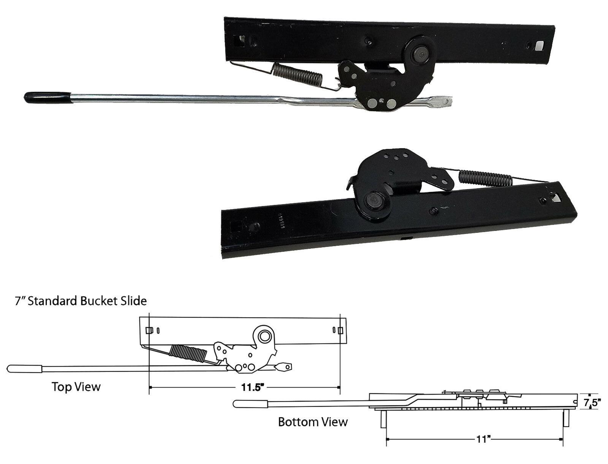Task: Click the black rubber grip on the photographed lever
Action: click(x=47, y=97)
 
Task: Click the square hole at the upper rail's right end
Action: click(x=539, y=46)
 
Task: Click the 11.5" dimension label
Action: click(x=253, y=388)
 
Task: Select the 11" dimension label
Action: click(x=484, y=440)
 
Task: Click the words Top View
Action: click(x=76, y=387)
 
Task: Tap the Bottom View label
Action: click(x=313, y=422)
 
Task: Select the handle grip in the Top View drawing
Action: click(x=25, y=369)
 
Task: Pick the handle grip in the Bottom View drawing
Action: click(x=251, y=404)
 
